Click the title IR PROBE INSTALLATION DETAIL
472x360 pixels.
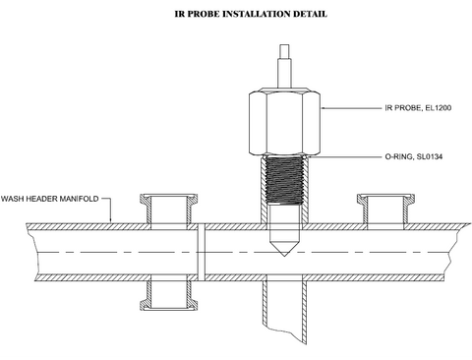click(x=251, y=14)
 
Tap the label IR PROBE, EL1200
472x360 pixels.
click(x=418, y=108)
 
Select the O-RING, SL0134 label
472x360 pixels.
click(x=414, y=156)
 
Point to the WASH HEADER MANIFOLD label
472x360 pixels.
click(x=50, y=199)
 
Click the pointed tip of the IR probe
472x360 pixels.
click(x=284, y=256)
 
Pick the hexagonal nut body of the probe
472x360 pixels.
click(x=284, y=121)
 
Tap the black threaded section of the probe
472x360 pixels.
click(x=284, y=180)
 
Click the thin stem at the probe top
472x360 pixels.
click(x=284, y=66)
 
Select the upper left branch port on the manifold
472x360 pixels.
click(x=169, y=210)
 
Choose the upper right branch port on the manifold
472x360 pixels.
click(x=385, y=210)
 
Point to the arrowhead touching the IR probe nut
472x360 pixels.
click(x=323, y=107)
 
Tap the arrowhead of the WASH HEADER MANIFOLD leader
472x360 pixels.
click(x=111, y=221)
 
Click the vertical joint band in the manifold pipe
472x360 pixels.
click(x=202, y=252)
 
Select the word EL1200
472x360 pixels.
click(x=439, y=108)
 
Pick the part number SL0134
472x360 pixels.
click(x=430, y=156)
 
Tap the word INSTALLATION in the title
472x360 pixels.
click(x=257, y=14)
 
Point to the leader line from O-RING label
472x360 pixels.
click(x=344, y=156)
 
